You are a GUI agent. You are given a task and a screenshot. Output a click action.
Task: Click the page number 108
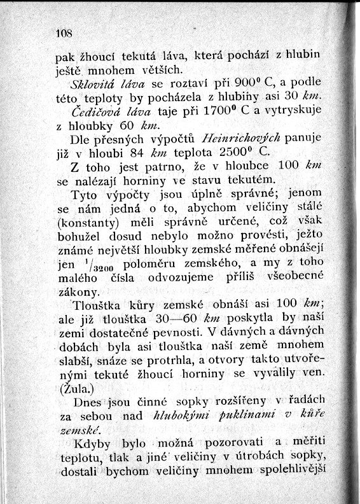coord(64,32)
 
